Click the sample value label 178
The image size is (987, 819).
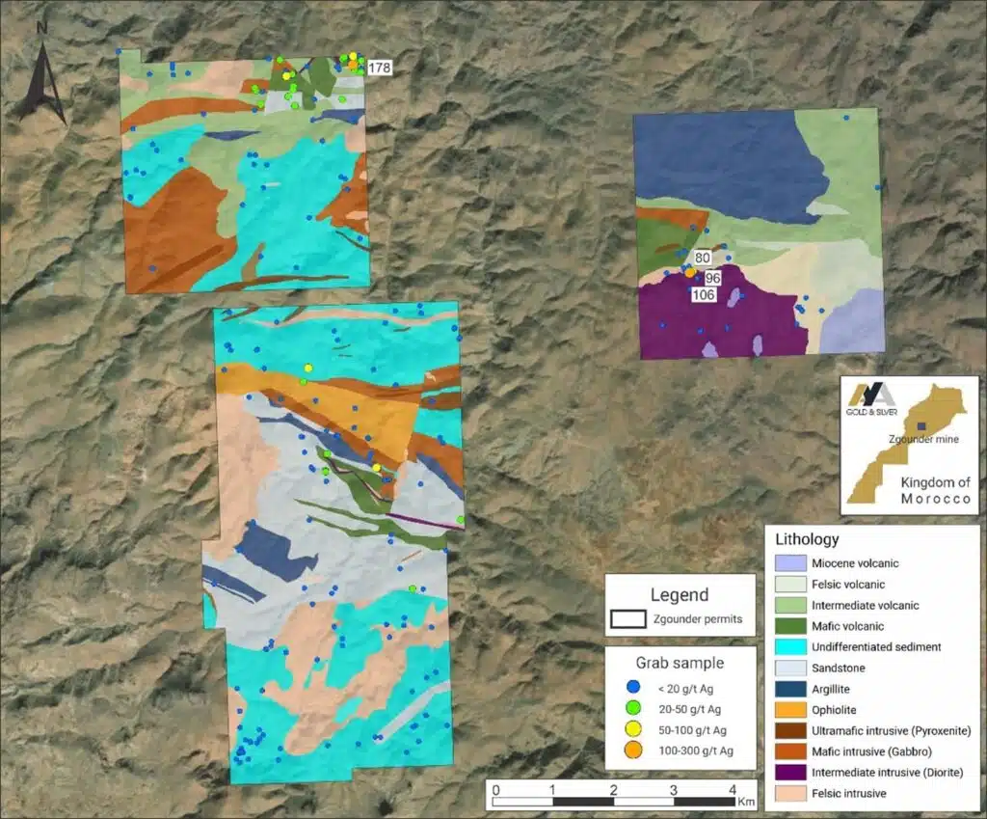click(x=380, y=68)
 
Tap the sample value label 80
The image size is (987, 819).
click(x=702, y=258)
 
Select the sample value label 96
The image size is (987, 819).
click(x=713, y=278)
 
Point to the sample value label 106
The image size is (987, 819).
click(x=704, y=294)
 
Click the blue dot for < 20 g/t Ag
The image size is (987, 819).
click(x=634, y=688)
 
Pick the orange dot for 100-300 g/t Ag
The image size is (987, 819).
click(x=634, y=751)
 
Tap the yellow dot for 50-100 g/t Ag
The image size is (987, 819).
click(x=634, y=730)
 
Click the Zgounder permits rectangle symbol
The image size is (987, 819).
click(x=629, y=618)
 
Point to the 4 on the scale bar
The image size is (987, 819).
click(x=732, y=790)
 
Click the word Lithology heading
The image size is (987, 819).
click(x=807, y=539)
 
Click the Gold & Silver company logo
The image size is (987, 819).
click(x=871, y=396)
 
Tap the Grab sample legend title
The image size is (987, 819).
click(x=679, y=664)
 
